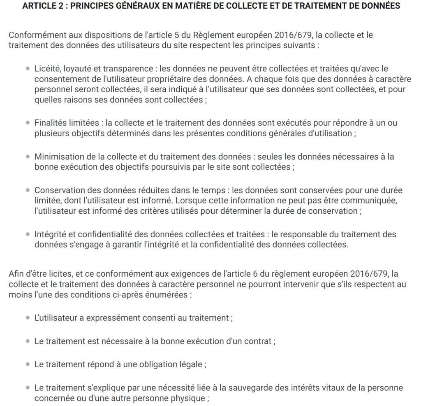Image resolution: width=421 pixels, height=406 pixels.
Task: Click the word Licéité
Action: [47, 69]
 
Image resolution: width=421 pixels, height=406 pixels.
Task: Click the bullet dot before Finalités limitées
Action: [28, 123]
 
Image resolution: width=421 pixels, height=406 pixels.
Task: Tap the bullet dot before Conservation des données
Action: [28, 191]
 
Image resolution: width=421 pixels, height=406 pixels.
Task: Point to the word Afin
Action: [16, 273]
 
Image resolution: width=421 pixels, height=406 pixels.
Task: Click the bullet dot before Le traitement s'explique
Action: [28, 388]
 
